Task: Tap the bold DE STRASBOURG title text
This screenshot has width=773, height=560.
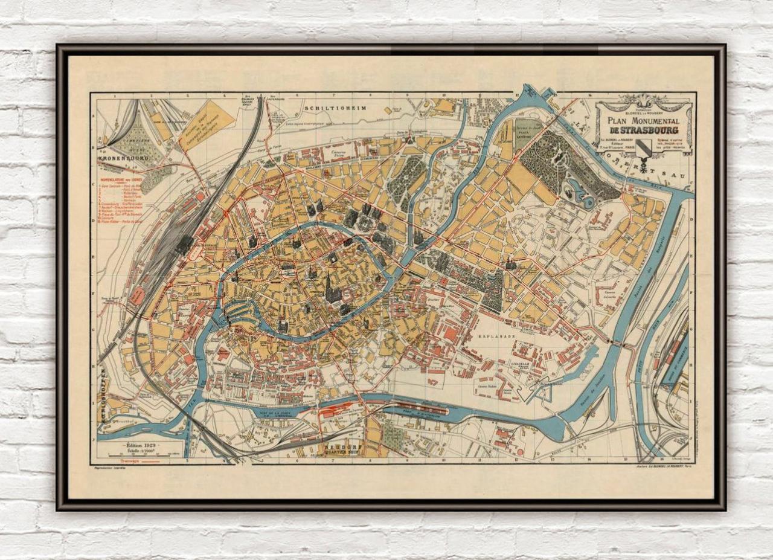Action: click(x=643, y=130)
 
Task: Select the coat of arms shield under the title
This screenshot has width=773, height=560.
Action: click(x=644, y=147)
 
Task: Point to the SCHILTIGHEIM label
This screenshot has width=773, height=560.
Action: click(x=329, y=108)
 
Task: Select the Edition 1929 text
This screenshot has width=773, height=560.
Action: click(x=141, y=444)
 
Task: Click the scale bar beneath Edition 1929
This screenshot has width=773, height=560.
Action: click(x=141, y=455)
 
